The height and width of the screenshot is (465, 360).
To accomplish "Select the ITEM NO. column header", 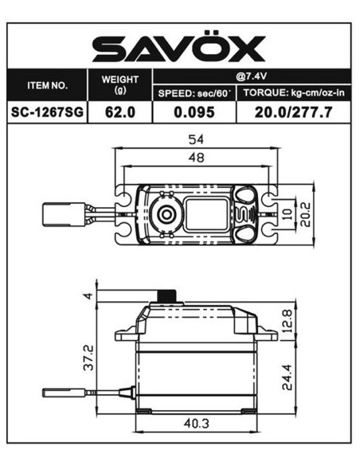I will [x=47, y=84].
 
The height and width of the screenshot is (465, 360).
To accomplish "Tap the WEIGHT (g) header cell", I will [x=120, y=84].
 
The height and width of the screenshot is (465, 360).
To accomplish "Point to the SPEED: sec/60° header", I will [x=195, y=93].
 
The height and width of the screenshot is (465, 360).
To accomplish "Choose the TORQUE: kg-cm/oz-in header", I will [x=294, y=93].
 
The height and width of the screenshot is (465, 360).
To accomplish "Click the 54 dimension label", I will [x=195, y=141].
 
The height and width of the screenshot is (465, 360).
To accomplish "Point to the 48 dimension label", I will [x=195, y=158].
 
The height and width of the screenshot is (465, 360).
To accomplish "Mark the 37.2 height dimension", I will [x=89, y=357].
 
